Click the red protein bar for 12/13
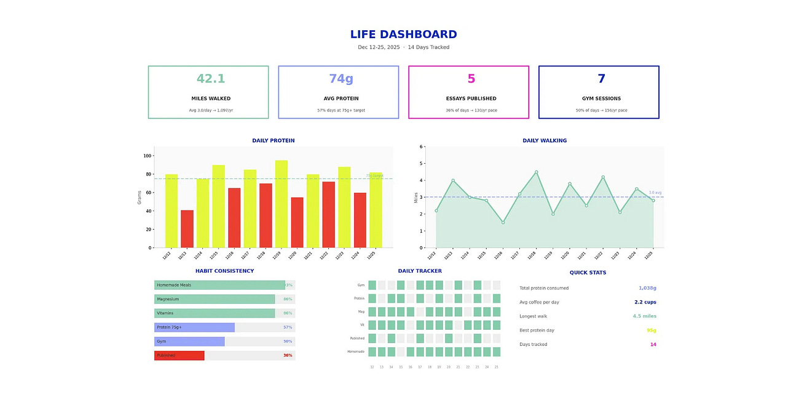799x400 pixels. [x=187, y=229]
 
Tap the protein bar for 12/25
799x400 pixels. [x=376, y=210]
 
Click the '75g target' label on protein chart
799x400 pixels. [x=374, y=176]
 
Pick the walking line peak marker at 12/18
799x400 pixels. [x=536, y=172]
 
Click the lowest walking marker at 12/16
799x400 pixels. [x=503, y=223]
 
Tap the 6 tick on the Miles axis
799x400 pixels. [x=422, y=147]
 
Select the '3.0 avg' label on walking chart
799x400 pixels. [x=655, y=193]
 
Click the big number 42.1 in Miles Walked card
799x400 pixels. [x=211, y=79]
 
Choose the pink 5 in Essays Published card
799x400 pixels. [x=471, y=79]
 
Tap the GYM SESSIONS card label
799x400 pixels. [x=601, y=98]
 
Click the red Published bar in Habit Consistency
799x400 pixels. [x=179, y=356]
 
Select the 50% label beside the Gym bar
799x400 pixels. [x=288, y=342]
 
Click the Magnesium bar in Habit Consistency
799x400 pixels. [x=215, y=299]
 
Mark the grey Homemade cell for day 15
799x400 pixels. [x=401, y=352]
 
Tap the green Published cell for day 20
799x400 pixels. [x=449, y=338]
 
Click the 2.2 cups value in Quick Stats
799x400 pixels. [x=645, y=302]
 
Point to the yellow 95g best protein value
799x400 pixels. [x=651, y=330]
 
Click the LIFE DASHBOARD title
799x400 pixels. [x=403, y=34]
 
